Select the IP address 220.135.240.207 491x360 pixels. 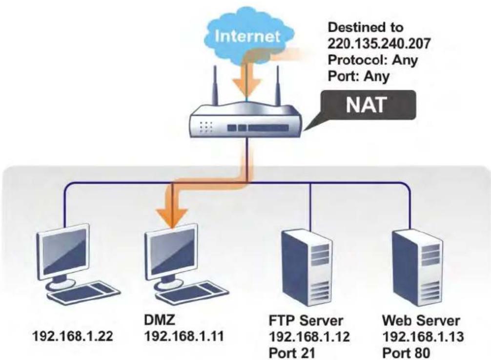(379, 43)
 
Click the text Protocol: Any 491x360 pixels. (372, 60)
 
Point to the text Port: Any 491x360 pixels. (359, 76)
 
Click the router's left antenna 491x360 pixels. (215, 85)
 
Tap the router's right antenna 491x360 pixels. (277, 85)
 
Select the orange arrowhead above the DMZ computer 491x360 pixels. (172, 217)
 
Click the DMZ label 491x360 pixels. (160, 320)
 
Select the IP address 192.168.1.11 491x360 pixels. (184, 337)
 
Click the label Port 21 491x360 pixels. (292, 353)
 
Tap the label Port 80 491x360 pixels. (406, 353)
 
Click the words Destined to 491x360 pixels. (365, 27)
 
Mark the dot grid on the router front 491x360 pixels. (206, 127)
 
